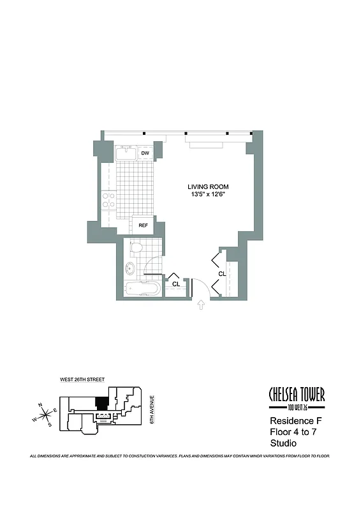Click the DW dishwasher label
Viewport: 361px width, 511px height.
pos(145,153)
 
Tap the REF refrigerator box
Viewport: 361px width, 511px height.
pos(142,225)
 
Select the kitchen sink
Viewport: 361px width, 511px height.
pos(124,153)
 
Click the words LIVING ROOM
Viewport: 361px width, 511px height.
pos(207,187)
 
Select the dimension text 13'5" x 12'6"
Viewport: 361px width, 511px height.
pos(207,195)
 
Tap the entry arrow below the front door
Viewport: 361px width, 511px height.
pos(202,306)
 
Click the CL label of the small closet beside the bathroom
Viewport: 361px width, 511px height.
pos(175,284)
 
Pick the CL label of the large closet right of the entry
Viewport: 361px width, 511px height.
pos(222,274)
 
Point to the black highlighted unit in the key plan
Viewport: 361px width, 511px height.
pos(100,404)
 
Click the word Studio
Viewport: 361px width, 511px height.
pos(284,444)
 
